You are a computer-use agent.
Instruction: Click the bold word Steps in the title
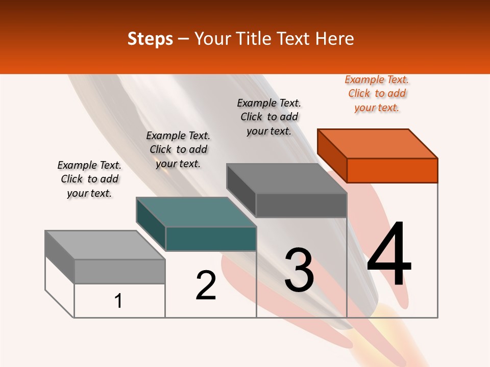click(x=150, y=39)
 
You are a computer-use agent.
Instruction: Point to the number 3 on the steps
click(x=299, y=270)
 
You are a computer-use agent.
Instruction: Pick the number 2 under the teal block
click(x=206, y=285)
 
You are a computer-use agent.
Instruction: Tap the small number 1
click(x=118, y=301)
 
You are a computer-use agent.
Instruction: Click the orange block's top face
click(x=377, y=143)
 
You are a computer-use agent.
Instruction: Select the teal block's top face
click(x=196, y=212)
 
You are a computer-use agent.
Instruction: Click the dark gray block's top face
click(x=286, y=178)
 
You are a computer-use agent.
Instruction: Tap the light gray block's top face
click(x=105, y=245)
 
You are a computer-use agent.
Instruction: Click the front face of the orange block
click(x=392, y=170)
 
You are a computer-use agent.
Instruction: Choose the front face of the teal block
click(x=211, y=239)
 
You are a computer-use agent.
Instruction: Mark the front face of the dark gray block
click(x=301, y=205)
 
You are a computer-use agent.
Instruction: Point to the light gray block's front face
click(x=119, y=271)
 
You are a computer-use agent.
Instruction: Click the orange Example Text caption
click(x=377, y=94)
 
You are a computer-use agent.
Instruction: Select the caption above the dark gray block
click(x=269, y=117)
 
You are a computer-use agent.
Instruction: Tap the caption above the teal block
click(x=178, y=149)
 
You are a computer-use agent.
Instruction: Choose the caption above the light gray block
click(x=89, y=179)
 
